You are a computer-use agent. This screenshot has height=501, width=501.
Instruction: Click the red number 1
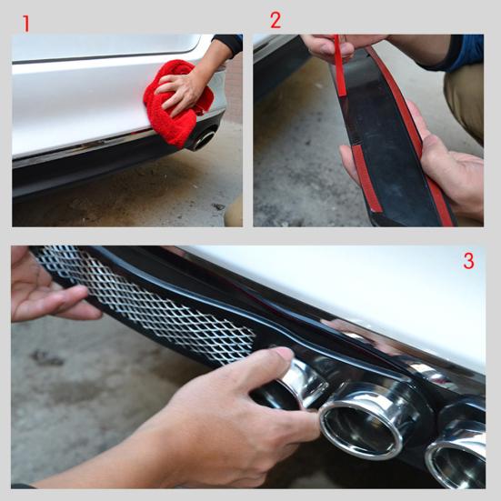(25, 24)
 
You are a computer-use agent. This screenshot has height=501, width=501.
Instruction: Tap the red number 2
(276, 20)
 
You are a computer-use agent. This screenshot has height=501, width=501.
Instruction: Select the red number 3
(468, 261)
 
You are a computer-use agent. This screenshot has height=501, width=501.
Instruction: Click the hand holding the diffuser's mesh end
(45, 291)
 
